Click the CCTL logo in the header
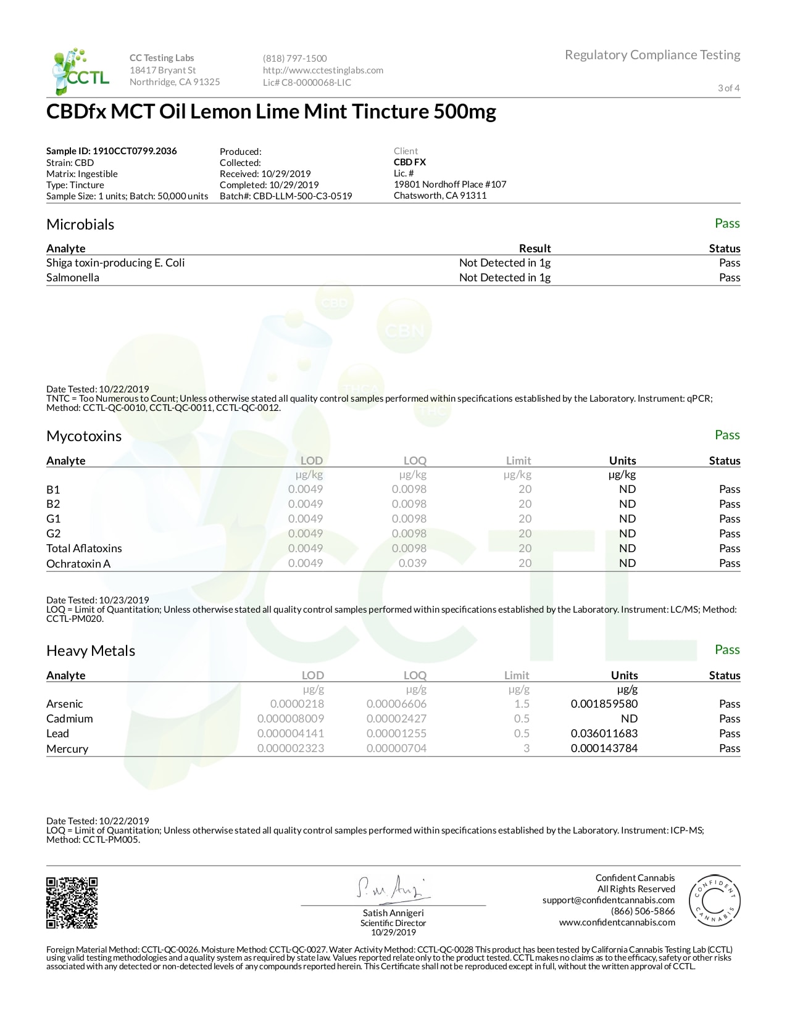[x=81, y=72]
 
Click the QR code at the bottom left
[x=72, y=902]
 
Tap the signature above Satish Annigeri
[x=393, y=888]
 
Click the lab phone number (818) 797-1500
[x=294, y=59]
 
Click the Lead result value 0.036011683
[x=604, y=734]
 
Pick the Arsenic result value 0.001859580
[x=604, y=704]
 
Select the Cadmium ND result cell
[x=628, y=719]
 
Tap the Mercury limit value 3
[x=526, y=748]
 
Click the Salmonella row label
[x=73, y=278]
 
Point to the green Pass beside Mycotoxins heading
[x=727, y=435]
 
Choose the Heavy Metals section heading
[x=91, y=651]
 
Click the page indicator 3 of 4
[x=728, y=88]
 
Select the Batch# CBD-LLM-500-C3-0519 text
[x=286, y=196]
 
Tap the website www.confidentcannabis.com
[x=617, y=922]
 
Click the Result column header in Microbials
[x=535, y=249]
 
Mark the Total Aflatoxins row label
[x=84, y=548]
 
